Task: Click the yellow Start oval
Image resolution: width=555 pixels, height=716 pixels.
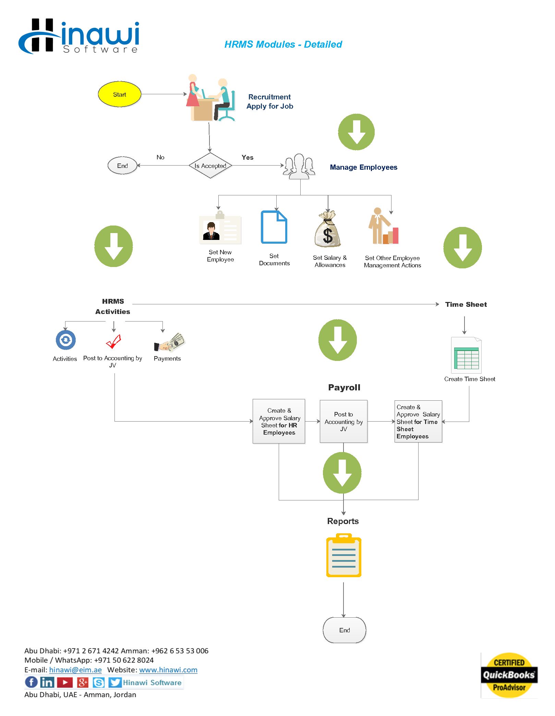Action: click(119, 94)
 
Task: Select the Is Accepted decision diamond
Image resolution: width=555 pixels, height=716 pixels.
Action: click(210, 166)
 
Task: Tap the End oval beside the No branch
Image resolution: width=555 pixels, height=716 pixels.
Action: click(122, 166)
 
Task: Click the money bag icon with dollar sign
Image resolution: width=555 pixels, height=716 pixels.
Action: click(327, 229)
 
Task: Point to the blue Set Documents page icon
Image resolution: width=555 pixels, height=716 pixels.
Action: click(274, 227)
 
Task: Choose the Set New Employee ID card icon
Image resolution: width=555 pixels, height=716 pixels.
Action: click(220, 228)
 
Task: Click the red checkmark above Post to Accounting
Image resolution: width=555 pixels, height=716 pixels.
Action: click(113, 341)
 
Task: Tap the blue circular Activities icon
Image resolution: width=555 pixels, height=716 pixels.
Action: click(66, 340)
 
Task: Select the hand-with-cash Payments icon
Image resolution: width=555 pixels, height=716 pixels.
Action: click(169, 342)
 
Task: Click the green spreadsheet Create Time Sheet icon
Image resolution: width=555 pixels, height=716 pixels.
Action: click(466, 355)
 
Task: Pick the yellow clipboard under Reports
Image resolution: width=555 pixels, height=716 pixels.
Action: click(343, 555)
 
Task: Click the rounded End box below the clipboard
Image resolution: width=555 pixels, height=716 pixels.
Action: click(345, 630)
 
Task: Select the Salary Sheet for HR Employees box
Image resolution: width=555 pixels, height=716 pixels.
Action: click(279, 421)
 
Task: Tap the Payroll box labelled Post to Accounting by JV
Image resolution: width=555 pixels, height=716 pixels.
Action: click(343, 422)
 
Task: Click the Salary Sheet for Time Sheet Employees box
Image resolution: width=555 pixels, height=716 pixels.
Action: click(418, 422)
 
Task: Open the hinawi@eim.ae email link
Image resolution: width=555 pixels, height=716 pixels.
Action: click(75, 670)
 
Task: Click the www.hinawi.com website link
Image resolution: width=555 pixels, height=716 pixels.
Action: click(168, 670)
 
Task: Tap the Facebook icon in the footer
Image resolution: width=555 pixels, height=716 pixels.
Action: click(31, 682)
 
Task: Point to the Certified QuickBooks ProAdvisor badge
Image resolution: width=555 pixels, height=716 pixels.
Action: click(509, 675)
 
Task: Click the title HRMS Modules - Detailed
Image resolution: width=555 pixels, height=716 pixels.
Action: click(283, 44)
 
